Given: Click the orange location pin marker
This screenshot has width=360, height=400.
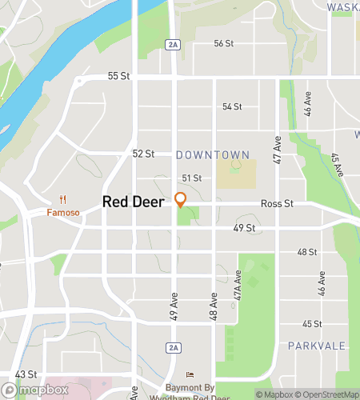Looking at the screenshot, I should coord(181,200).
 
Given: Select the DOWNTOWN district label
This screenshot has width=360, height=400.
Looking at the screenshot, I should coord(212,154).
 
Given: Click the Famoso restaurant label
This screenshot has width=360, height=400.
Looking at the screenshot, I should coord(62,213).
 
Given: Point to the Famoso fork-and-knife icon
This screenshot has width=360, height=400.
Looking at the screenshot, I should coord(62,200).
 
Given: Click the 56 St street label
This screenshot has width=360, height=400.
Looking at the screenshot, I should coord(224,43).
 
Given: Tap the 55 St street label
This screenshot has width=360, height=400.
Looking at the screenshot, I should coord(118,76).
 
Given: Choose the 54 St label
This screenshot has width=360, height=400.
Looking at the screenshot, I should coord(232,106).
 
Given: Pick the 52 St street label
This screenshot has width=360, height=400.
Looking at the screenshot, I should coord(143,153).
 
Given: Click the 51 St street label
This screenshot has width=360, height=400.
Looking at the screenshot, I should coord(191,178).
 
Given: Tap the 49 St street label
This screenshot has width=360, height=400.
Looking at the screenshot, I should coord(243,228).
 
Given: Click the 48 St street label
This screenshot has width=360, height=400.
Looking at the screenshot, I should coord(308,252).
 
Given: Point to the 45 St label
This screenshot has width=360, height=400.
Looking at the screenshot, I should coord(311,324).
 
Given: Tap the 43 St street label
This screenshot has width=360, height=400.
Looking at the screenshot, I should coord(26,374).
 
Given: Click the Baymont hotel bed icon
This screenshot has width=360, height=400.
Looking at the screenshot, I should coord(190,374).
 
